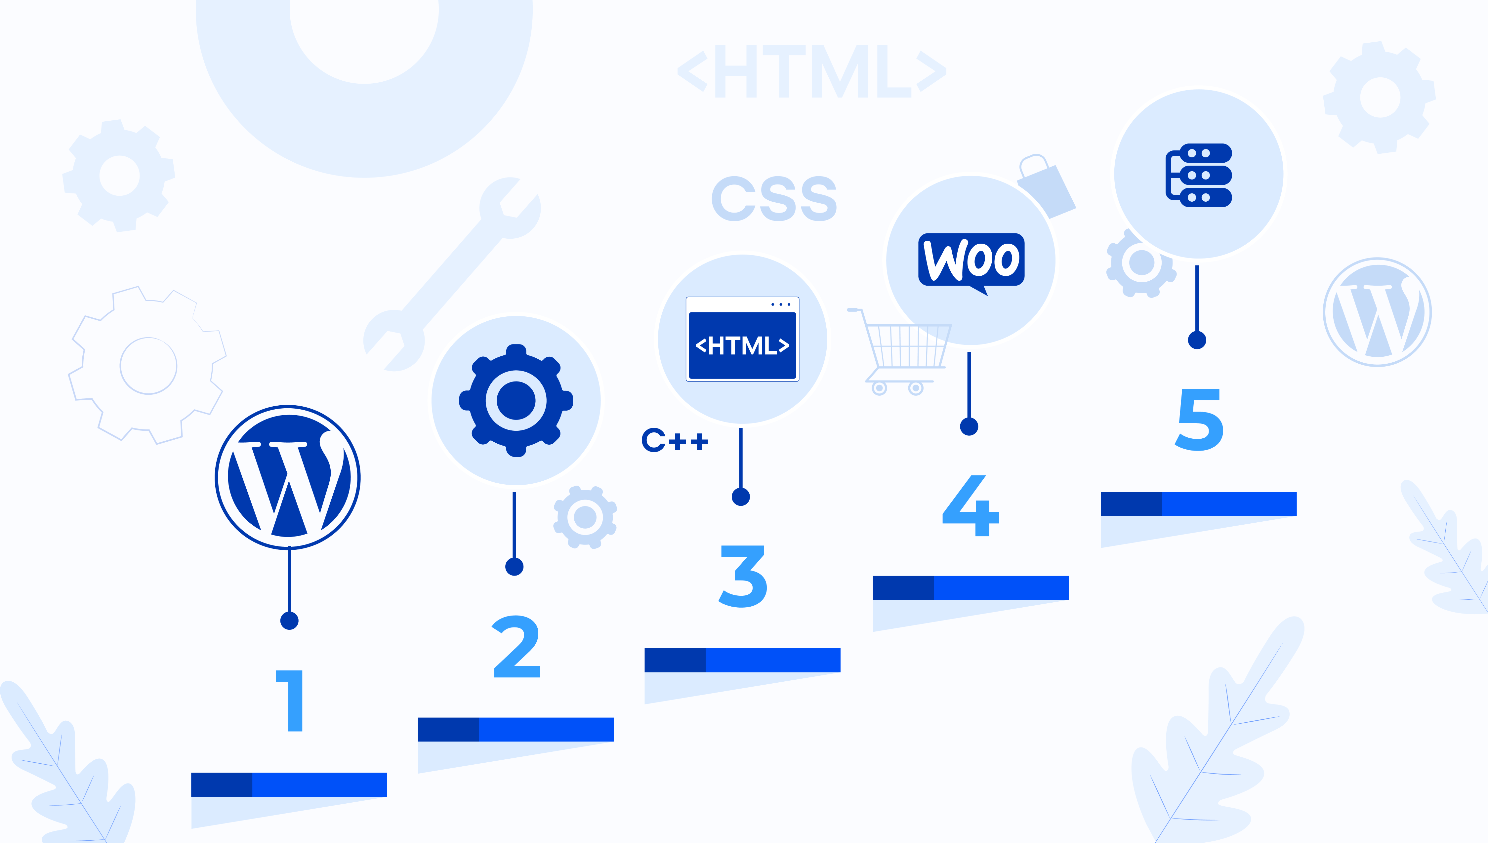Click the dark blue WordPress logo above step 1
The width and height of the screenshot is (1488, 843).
pyautogui.click(x=288, y=477)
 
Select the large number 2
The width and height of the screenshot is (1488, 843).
pyautogui.click(x=517, y=646)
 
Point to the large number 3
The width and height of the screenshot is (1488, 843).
pyautogui.click(x=743, y=576)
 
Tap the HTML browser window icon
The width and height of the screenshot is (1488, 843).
pyautogui.click(x=742, y=339)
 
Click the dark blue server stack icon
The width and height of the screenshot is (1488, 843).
pyautogui.click(x=1199, y=175)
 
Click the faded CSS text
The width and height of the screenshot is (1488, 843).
pyautogui.click(x=774, y=199)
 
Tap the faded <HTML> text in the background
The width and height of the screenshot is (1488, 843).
pyautogui.click(x=812, y=72)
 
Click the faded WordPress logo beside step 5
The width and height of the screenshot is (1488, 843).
pyautogui.click(x=1378, y=312)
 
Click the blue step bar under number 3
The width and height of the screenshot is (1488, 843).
pyautogui.click(x=742, y=660)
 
